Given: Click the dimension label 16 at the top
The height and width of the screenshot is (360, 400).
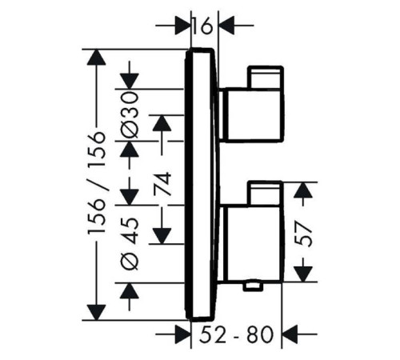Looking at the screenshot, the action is click(203, 26).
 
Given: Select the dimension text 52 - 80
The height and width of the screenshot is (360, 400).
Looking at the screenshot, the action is click(236, 334).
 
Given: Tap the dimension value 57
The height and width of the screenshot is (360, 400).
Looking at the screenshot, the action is click(303, 234).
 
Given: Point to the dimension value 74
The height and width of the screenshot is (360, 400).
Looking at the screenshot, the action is click(162, 184).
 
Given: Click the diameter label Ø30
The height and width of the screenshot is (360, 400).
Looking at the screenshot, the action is click(130, 114).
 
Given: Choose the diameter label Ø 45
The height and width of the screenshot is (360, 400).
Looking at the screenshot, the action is click(130, 243).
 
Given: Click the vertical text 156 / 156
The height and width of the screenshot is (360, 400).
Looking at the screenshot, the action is click(97, 183).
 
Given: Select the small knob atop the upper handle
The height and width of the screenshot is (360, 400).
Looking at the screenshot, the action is click(266, 77).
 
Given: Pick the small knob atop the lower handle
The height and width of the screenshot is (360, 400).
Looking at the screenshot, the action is click(265, 193).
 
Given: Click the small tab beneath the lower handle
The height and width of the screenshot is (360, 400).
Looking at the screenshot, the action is click(252, 286).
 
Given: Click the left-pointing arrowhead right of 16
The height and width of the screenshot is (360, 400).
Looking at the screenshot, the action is click(226, 26).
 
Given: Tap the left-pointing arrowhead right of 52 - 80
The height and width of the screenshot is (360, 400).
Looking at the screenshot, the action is click(290, 334).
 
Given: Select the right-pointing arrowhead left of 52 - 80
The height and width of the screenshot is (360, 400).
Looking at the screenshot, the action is click(183, 334).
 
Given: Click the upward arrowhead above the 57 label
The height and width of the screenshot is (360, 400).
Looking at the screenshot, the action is click(303, 190).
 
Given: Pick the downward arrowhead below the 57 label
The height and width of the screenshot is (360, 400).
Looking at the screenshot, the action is click(303, 274).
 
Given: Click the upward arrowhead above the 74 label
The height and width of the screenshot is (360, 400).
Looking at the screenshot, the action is click(162, 123).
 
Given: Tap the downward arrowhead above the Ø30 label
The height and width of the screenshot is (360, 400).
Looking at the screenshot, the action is click(130, 81).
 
